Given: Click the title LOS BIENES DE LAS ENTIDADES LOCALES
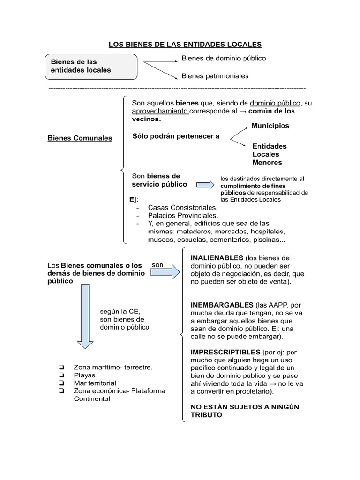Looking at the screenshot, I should click(185, 45).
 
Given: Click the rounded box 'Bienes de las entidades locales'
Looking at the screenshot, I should click(91, 66).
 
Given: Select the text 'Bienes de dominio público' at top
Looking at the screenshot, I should click(224, 59).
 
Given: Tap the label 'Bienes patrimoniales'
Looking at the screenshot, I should click(215, 76).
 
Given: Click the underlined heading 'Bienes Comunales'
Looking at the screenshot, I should click(80, 138).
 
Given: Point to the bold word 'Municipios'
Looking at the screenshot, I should click(270, 126).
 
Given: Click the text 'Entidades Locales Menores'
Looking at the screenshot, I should click(269, 154).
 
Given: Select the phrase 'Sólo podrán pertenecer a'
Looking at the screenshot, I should click(176, 136).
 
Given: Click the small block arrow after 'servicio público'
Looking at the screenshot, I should click(204, 184).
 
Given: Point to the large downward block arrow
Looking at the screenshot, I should click(85, 317).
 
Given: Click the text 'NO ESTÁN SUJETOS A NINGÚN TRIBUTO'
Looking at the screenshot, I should click(244, 411).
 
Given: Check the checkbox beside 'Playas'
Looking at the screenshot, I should click(61, 375).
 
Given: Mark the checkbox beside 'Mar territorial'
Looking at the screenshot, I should click(61, 383).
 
